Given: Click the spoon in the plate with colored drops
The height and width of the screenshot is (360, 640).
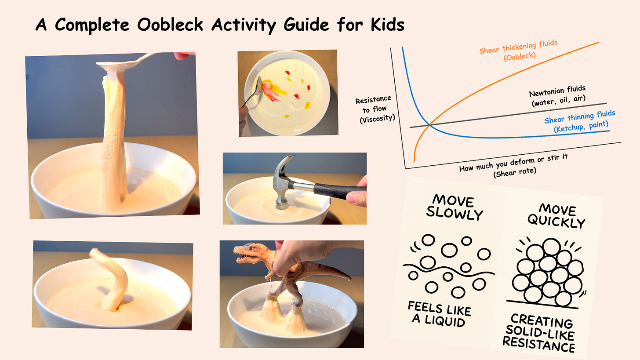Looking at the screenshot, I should (255, 91).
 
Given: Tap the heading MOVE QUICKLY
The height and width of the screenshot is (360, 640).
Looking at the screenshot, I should (556, 215).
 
